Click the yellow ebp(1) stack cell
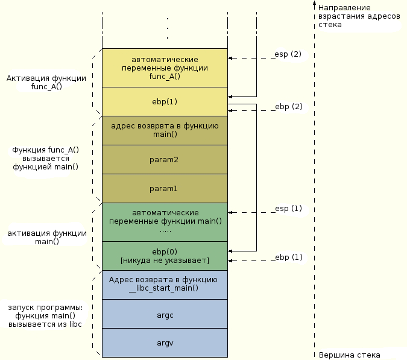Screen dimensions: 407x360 tap(165, 101)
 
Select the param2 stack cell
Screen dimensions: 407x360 tap(165, 159)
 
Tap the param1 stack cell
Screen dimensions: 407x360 tap(165, 188)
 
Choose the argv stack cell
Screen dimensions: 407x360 tap(165, 343)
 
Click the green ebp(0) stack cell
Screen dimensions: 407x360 tap(165, 256)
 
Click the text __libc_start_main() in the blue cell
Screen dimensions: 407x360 tap(163, 288)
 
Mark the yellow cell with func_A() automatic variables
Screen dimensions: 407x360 tap(165, 68)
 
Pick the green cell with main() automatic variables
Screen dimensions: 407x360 tap(165, 222)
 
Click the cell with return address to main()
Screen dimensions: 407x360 tap(165, 131)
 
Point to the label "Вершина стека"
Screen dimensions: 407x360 tap(349, 355)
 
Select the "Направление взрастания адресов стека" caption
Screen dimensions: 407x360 tap(359, 16)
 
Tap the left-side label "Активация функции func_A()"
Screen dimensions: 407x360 tap(46, 82)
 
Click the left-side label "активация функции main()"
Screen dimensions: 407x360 tap(46, 237)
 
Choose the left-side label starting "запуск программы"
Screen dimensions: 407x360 tap(45, 315)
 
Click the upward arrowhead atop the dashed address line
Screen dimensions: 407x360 tap(314, 3)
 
